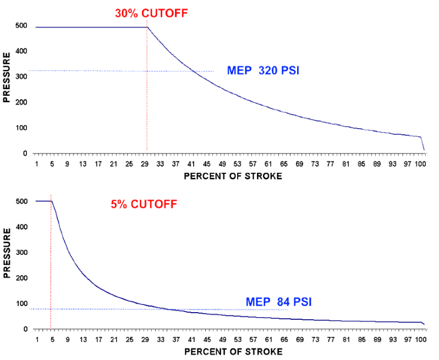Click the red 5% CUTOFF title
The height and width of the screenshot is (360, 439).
(144, 205)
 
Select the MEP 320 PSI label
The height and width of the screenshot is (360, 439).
(262, 71)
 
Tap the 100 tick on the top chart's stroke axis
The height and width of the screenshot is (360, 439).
(421, 164)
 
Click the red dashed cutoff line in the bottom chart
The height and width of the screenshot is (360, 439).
(51, 264)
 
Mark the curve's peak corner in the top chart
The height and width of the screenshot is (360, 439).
(147, 26)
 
